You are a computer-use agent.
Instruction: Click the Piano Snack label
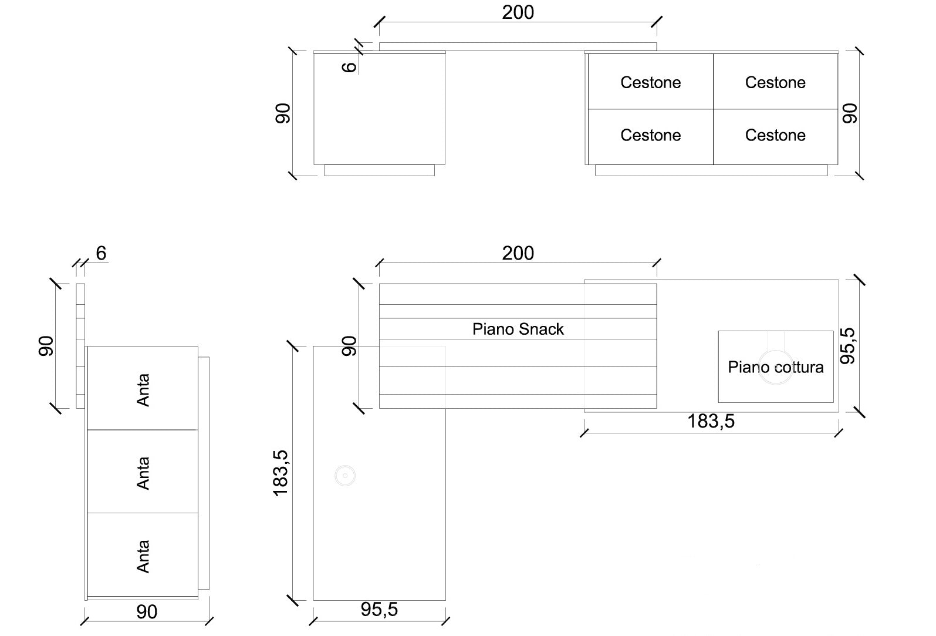coord(518,329)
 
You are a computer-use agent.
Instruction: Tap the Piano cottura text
coord(775,368)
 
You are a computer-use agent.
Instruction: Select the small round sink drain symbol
coord(345,476)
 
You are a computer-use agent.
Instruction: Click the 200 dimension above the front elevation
coord(518,12)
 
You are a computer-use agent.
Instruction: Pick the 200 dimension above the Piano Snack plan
coord(518,254)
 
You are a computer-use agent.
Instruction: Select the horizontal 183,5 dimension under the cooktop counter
coord(711,422)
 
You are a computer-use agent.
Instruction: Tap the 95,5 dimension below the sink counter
coord(379,610)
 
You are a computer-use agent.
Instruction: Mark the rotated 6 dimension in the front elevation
coord(349,66)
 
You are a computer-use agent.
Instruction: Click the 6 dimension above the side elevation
coord(101,254)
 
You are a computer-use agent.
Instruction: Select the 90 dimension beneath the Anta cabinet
coord(147,612)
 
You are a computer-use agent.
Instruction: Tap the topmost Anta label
coord(143,390)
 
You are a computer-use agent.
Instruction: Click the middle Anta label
coord(143,473)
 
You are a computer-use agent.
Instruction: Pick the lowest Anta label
coord(143,556)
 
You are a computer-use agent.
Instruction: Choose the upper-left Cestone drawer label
coord(650,83)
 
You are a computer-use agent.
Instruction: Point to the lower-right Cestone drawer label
coord(775,136)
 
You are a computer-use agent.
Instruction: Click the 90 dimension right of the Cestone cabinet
coord(849,113)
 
